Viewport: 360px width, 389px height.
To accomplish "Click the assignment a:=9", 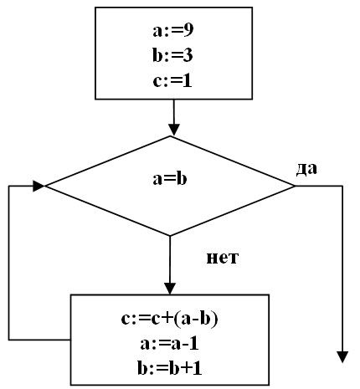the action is coord(172,30).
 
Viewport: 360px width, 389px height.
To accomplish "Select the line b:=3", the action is coord(172,55).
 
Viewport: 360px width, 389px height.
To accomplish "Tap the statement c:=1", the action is coord(172,81).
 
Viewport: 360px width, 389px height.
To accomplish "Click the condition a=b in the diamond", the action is coord(170,178).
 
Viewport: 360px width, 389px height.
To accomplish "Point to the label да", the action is coord(306,169).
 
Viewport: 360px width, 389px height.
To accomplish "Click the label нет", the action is coord(223,258).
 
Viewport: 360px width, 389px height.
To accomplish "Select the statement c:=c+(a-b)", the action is coord(169,319).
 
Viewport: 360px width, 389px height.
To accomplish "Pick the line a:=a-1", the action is coord(169,344).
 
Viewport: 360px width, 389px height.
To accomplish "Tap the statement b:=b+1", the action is coord(169,368).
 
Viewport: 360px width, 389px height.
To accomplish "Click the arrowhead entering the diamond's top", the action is coord(174,131).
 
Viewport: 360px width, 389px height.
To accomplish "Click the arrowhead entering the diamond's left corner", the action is coord(39,186).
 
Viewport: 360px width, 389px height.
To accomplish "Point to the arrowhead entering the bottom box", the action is coord(170,289).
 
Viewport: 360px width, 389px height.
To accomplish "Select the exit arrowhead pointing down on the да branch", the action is coord(342,357).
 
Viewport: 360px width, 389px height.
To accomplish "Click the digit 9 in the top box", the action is coord(188,30).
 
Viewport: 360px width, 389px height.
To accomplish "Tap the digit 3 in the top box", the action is coord(188,55).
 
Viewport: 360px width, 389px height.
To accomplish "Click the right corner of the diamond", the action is coord(295,186).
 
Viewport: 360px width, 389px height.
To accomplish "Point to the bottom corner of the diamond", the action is coord(170,236).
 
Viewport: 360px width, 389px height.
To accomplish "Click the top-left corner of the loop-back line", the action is coord(9,186).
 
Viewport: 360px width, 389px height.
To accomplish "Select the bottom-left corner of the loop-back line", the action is coord(9,340).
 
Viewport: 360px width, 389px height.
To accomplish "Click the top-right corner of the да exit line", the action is coord(342,186).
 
